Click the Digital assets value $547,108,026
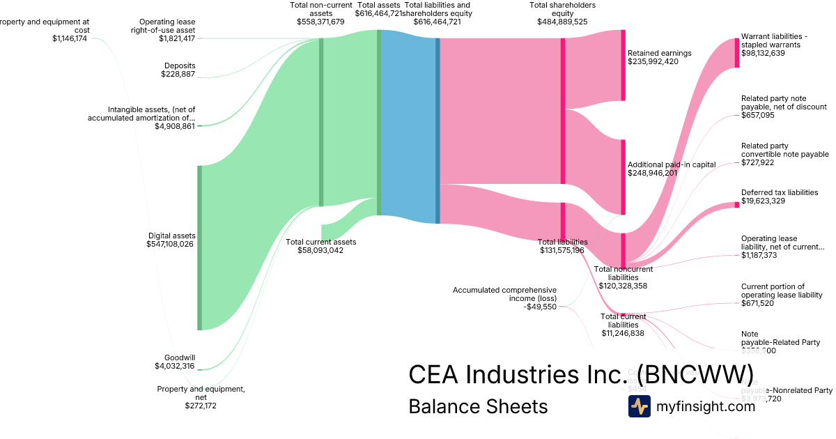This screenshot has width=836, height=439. pyautogui.click(x=170, y=245)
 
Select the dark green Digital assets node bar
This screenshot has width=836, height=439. pyautogui.click(x=199, y=247)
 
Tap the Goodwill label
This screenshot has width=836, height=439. pyautogui.click(x=179, y=357)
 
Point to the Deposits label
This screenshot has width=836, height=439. pyautogui.click(x=180, y=66)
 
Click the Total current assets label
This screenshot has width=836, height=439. pyautogui.click(x=320, y=242)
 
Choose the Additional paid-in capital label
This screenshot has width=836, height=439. pyautogui.click(x=672, y=164)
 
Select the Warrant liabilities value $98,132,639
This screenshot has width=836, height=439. pyautogui.click(x=763, y=53)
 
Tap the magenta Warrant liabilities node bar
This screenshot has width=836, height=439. pyautogui.click(x=736, y=52)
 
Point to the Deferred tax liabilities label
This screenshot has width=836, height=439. pyautogui.click(x=780, y=192)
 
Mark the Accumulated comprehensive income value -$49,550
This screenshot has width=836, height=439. pyautogui.click(x=540, y=306)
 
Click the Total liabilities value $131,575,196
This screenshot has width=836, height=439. pyautogui.click(x=562, y=251)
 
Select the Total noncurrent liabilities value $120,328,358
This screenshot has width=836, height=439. pyautogui.click(x=623, y=286)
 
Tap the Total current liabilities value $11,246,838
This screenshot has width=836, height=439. pyautogui.click(x=623, y=333)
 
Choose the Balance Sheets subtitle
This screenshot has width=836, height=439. pyautogui.click(x=478, y=406)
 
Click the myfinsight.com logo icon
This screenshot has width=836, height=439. pyautogui.click(x=639, y=406)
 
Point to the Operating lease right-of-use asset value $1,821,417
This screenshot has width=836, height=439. pyautogui.click(x=177, y=38)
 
